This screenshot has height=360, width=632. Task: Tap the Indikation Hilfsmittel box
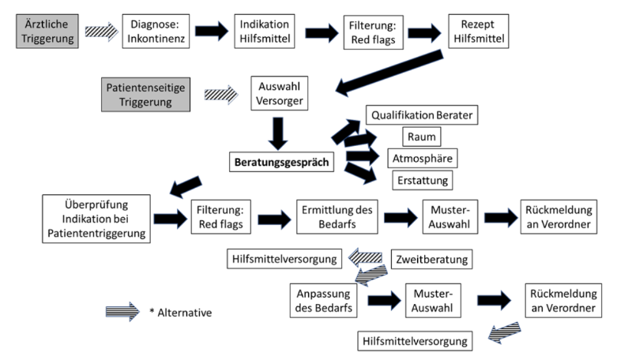tap(263, 30)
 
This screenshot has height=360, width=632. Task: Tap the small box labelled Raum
tap(420, 136)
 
